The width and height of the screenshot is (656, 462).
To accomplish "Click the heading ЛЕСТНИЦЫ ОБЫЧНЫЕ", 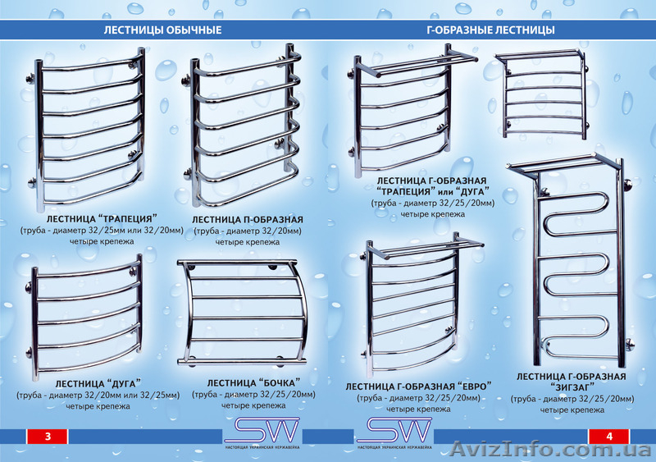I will coord(162,30).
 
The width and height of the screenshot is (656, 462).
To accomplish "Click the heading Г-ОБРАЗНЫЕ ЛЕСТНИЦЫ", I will coord(491,30).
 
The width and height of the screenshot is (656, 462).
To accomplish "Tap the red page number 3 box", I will coord(48,437).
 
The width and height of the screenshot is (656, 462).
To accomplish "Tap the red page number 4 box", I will coord(609,437).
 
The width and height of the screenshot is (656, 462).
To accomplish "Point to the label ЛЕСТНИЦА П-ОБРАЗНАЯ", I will coord(248,220).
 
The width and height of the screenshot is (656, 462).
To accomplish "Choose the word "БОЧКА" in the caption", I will coord(275,383).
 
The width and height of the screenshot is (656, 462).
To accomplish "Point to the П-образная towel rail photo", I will coord(244,131).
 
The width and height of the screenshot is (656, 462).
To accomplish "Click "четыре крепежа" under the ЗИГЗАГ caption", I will coord(572,409).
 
